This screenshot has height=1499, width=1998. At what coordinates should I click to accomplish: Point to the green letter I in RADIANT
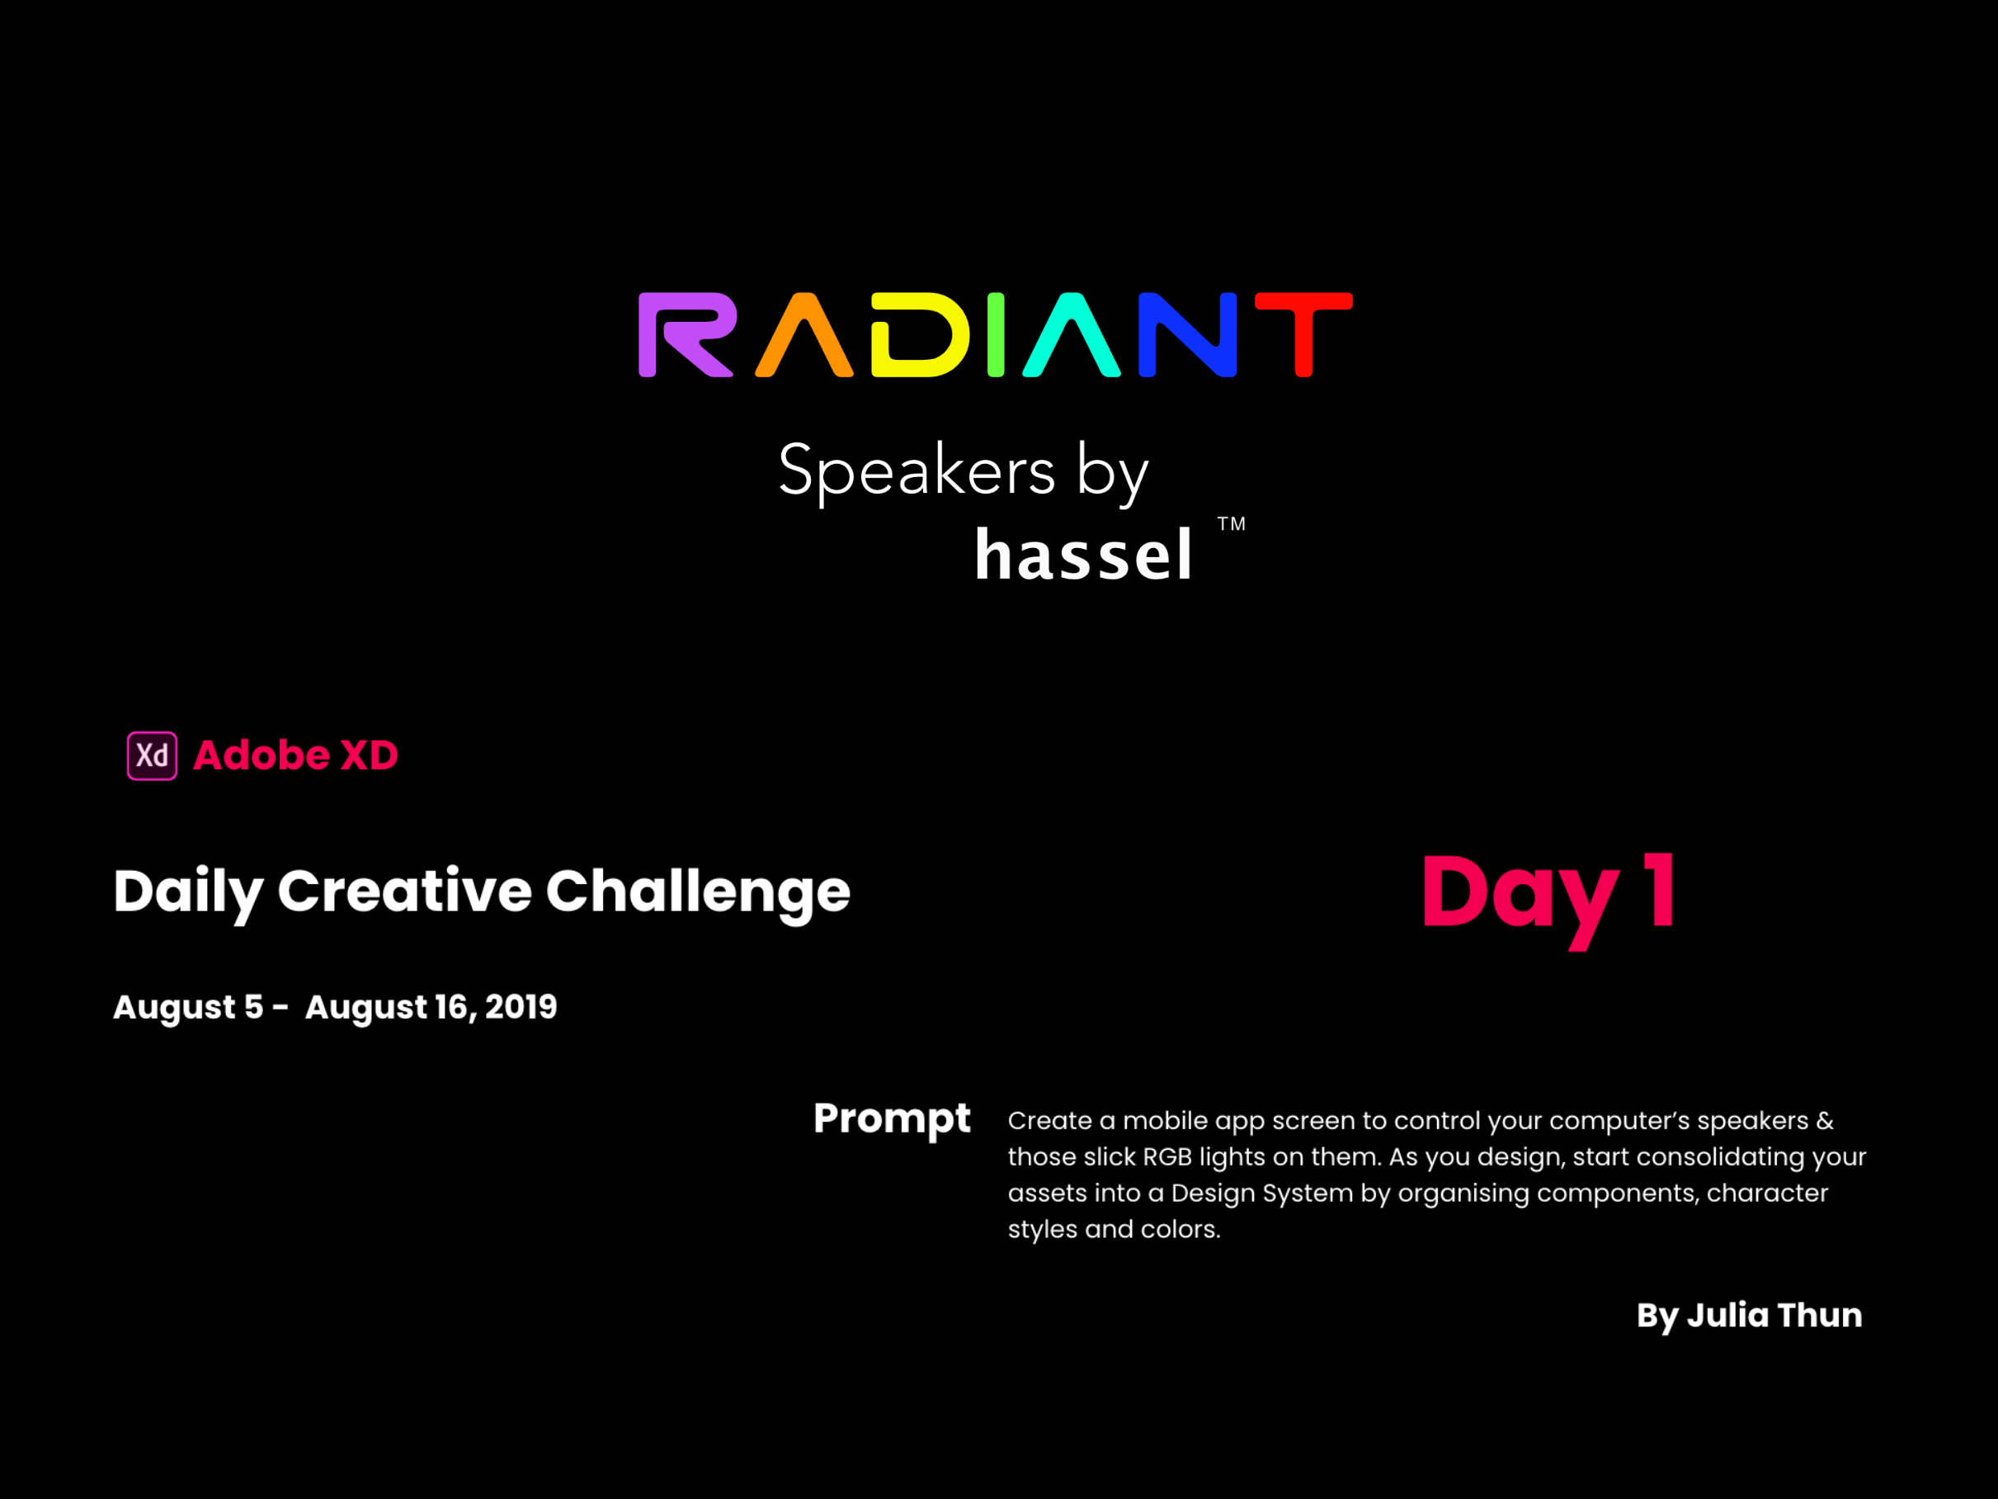[x=996, y=334]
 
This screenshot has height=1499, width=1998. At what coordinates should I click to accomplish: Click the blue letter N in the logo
[x=1187, y=334]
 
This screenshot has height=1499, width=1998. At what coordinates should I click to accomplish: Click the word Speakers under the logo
[x=917, y=471]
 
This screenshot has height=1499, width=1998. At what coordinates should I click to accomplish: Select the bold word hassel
[x=1083, y=553]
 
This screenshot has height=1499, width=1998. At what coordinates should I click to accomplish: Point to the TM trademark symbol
[x=1231, y=524]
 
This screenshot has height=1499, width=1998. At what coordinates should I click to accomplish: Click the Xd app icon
[x=152, y=755]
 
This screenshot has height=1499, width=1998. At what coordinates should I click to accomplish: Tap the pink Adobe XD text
[x=295, y=755]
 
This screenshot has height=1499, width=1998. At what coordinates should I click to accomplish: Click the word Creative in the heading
[x=405, y=891]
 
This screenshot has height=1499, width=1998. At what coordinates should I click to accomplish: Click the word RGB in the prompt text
[x=1167, y=1156]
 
